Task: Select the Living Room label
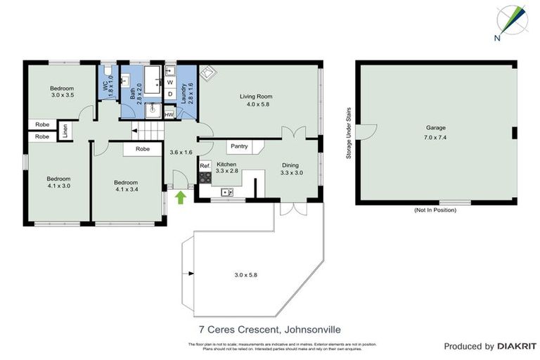(x=255, y=96)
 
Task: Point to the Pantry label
(x=239, y=146)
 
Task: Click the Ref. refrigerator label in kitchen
(x=205, y=166)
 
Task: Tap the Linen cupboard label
(x=65, y=131)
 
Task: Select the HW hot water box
(x=169, y=114)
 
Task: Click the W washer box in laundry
(x=169, y=82)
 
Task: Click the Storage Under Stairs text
(x=348, y=133)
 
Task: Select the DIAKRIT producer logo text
(x=517, y=347)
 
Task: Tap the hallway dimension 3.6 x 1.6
(x=181, y=151)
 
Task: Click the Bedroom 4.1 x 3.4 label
(x=127, y=185)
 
